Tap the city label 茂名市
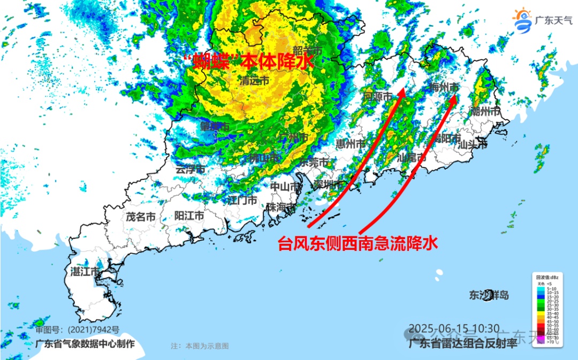[141, 217]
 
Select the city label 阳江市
[189, 216]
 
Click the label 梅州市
[445, 87]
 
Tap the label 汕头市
[473, 144]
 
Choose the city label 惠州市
[351, 143]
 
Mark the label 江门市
[242, 201]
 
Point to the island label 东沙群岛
[489, 295]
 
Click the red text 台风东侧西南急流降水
[358, 244]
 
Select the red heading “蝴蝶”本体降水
[247, 62]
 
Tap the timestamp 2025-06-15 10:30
[454, 328]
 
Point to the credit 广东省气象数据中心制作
[85, 344]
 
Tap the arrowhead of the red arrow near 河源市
[400, 94]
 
